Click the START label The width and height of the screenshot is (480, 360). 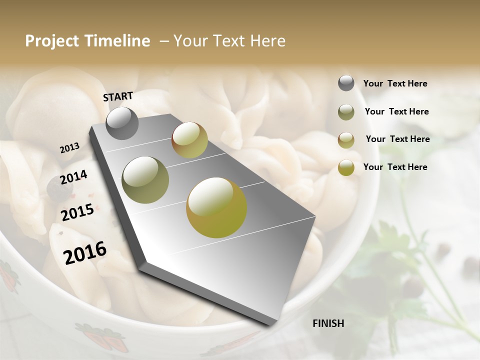point(118,96)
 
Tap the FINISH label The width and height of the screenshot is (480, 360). point(328,323)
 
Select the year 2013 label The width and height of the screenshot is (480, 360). point(69,148)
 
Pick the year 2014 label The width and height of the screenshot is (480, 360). point(73,177)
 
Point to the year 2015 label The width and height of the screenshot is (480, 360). point(77,212)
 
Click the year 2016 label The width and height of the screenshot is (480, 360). point(85,253)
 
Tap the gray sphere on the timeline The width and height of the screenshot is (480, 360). point(122,123)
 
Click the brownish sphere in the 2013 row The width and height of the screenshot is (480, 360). point(189,140)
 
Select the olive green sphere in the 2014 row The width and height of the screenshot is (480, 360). point(145,179)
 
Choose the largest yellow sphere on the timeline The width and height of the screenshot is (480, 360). point(216,207)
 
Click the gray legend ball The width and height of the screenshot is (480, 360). point(346,83)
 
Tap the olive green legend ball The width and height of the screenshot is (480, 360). point(346,112)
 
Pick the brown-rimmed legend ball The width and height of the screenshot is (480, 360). point(346,140)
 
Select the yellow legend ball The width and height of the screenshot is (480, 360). point(346,168)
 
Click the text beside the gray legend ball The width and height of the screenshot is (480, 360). point(395,83)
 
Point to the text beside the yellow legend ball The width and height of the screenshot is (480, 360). point(395,167)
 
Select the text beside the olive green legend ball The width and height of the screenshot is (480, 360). point(396,111)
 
